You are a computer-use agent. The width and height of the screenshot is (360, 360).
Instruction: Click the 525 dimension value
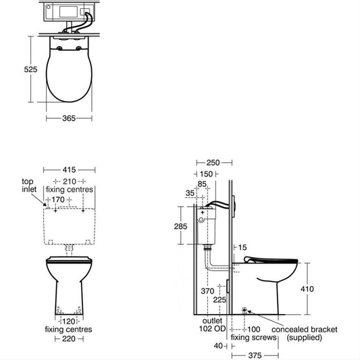pyautogui.click(x=30, y=70)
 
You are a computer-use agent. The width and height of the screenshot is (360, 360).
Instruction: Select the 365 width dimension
pyautogui.click(x=69, y=118)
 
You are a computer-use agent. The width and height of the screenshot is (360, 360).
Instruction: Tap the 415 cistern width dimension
pyautogui.click(x=69, y=170)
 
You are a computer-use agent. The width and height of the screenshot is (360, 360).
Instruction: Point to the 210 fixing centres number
pyautogui.click(x=70, y=182)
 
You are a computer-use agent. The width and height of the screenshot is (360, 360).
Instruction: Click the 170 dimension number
pyautogui.click(x=58, y=200)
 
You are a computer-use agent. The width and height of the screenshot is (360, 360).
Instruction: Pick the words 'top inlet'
pyautogui.click(x=29, y=185)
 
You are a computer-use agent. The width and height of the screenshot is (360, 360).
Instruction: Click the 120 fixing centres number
pyautogui.click(x=69, y=322)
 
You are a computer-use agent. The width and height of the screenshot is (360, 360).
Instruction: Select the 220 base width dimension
pyautogui.click(x=69, y=338)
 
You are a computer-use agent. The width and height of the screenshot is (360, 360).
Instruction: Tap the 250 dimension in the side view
pyautogui.click(x=213, y=163)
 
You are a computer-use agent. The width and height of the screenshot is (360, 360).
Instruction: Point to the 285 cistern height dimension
pyautogui.click(x=180, y=226)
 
